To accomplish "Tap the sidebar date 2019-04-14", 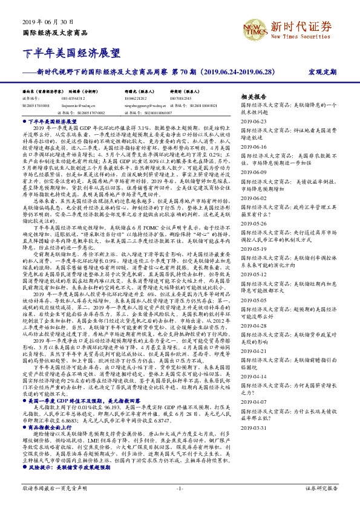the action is pyautogui.click(x=254, y=376).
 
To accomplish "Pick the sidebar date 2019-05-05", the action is pyautogui.click(x=254, y=299).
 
